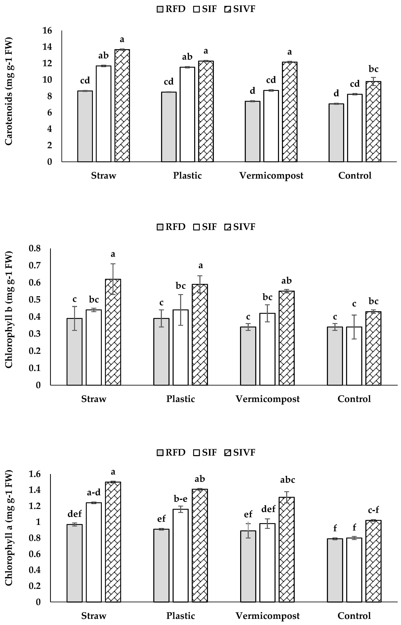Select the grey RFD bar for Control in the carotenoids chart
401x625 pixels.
[x=336, y=133]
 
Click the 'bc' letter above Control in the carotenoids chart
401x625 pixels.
[x=373, y=69]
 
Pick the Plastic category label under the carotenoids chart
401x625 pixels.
[x=187, y=176]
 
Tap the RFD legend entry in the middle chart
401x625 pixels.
[x=171, y=227]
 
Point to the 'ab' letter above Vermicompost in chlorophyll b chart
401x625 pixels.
[x=286, y=281]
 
